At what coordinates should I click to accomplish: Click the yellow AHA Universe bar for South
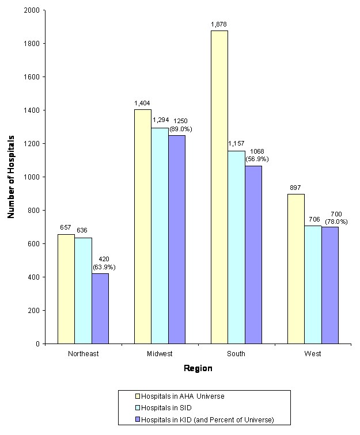point(219,187)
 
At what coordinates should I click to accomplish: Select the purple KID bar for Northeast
point(100,308)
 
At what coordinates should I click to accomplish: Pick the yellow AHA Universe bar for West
point(295,269)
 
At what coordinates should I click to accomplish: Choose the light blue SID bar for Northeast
point(83,291)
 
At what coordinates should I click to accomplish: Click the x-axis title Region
point(198,369)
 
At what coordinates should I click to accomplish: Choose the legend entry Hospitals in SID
point(166,407)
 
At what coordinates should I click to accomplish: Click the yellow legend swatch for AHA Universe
point(137,396)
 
